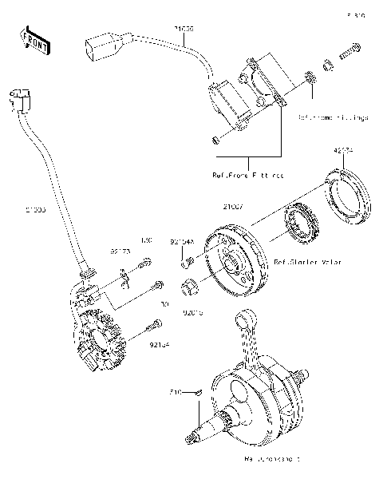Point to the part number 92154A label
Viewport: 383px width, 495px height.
click(181, 240)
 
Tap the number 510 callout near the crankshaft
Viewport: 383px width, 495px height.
click(176, 392)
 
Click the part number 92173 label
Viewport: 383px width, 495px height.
click(120, 251)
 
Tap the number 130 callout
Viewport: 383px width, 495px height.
click(145, 240)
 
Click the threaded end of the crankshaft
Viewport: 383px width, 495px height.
click(193, 438)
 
